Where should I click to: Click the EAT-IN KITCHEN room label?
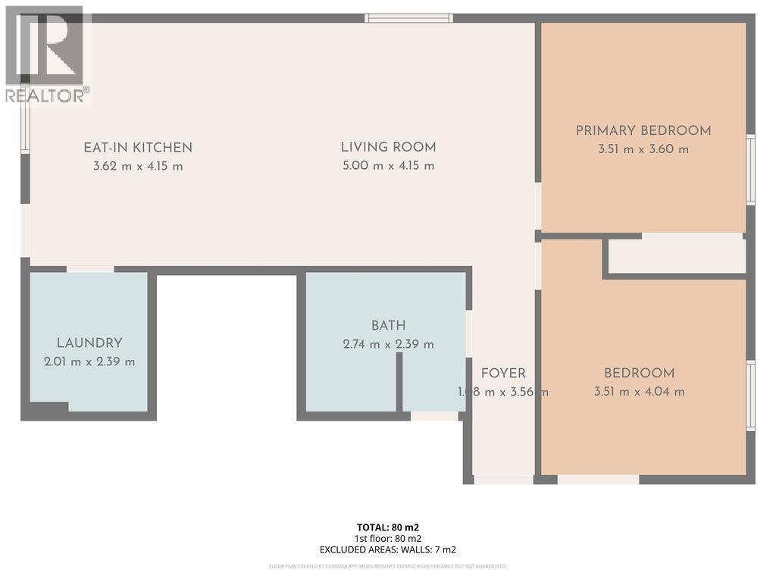pyautogui.click(x=138, y=148)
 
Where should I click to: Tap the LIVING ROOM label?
pyautogui.click(x=388, y=148)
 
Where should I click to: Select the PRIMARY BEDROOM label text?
pyautogui.click(x=643, y=130)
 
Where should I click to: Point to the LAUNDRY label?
pyautogui.click(x=89, y=343)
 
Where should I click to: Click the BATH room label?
pyautogui.click(x=388, y=326)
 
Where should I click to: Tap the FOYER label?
pyautogui.click(x=503, y=373)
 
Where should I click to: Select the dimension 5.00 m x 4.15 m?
pyautogui.click(x=388, y=166)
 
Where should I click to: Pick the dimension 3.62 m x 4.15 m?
pyautogui.click(x=138, y=166)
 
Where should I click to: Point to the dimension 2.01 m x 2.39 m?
pyautogui.click(x=89, y=361)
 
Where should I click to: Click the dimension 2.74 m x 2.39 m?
pyautogui.click(x=388, y=344)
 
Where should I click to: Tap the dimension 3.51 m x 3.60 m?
pyautogui.click(x=643, y=149)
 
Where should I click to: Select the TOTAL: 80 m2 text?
pyautogui.click(x=388, y=527)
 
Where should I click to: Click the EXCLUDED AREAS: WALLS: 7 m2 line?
pyautogui.click(x=388, y=550)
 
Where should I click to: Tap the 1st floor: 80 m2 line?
pyautogui.click(x=388, y=539)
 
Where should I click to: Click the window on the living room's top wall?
pyautogui.click(x=408, y=18)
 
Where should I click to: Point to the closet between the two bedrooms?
pyautogui.click(x=677, y=257)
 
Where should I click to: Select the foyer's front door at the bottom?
pyautogui.click(x=503, y=480)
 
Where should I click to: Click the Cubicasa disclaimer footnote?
pyautogui.click(x=388, y=566)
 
